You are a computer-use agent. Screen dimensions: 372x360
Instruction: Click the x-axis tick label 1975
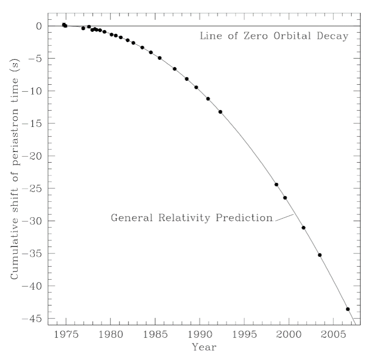(66, 334)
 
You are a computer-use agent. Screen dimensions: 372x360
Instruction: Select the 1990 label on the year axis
(200, 334)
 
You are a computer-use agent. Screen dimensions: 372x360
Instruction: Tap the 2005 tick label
(334, 334)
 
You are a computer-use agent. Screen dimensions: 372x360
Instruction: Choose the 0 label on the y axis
(39, 26)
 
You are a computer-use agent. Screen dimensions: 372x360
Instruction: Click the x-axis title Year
(204, 347)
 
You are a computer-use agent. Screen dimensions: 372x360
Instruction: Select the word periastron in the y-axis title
(14, 136)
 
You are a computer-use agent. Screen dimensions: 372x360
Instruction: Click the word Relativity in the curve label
(184, 218)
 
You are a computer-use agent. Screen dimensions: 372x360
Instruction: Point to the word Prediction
(244, 218)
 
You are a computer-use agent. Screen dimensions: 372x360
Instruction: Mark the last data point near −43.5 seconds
(348, 309)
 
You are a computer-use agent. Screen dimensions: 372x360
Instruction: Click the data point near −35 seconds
(319, 255)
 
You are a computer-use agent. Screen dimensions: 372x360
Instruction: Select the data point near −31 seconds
(304, 228)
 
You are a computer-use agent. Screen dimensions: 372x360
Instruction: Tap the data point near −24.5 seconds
(276, 185)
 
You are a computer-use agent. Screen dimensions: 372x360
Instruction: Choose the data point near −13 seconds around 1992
(220, 112)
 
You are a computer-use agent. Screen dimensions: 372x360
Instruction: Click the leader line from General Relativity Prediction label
(285, 218)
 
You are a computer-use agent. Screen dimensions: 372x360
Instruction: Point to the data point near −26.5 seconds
(285, 198)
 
